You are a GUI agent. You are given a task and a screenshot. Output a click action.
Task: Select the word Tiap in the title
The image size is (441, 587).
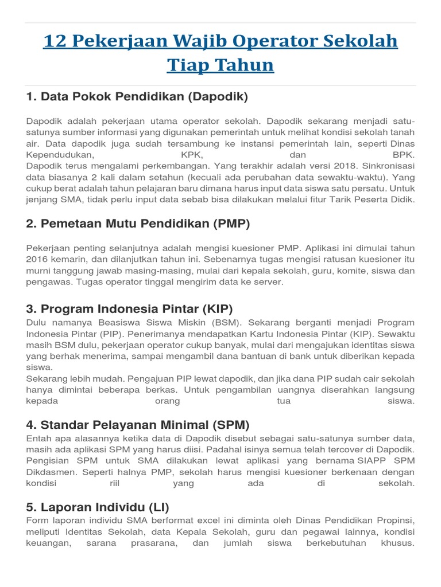187,65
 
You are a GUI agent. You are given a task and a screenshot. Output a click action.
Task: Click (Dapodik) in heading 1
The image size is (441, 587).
218,97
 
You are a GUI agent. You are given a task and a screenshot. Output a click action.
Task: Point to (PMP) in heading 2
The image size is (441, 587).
231,224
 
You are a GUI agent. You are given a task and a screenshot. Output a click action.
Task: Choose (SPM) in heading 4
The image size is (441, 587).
230,425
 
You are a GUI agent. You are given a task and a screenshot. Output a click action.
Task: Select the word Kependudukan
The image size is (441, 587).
59,155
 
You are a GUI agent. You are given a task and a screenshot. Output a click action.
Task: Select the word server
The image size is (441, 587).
270,282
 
